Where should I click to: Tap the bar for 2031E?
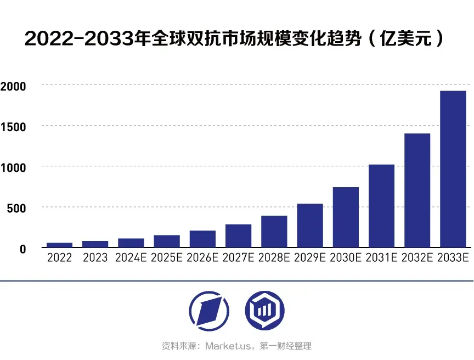point(381,206)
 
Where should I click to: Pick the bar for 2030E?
point(346,217)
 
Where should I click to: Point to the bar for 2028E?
point(274,231)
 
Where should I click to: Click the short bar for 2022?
point(59,245)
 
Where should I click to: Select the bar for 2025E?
point(167,241)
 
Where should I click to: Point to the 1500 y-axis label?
point(13,127)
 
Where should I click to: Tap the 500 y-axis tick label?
point(16,208)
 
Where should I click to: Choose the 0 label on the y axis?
point(22,249)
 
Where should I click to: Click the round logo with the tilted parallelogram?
point(209,311)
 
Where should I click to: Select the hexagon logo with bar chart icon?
point(264,311)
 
